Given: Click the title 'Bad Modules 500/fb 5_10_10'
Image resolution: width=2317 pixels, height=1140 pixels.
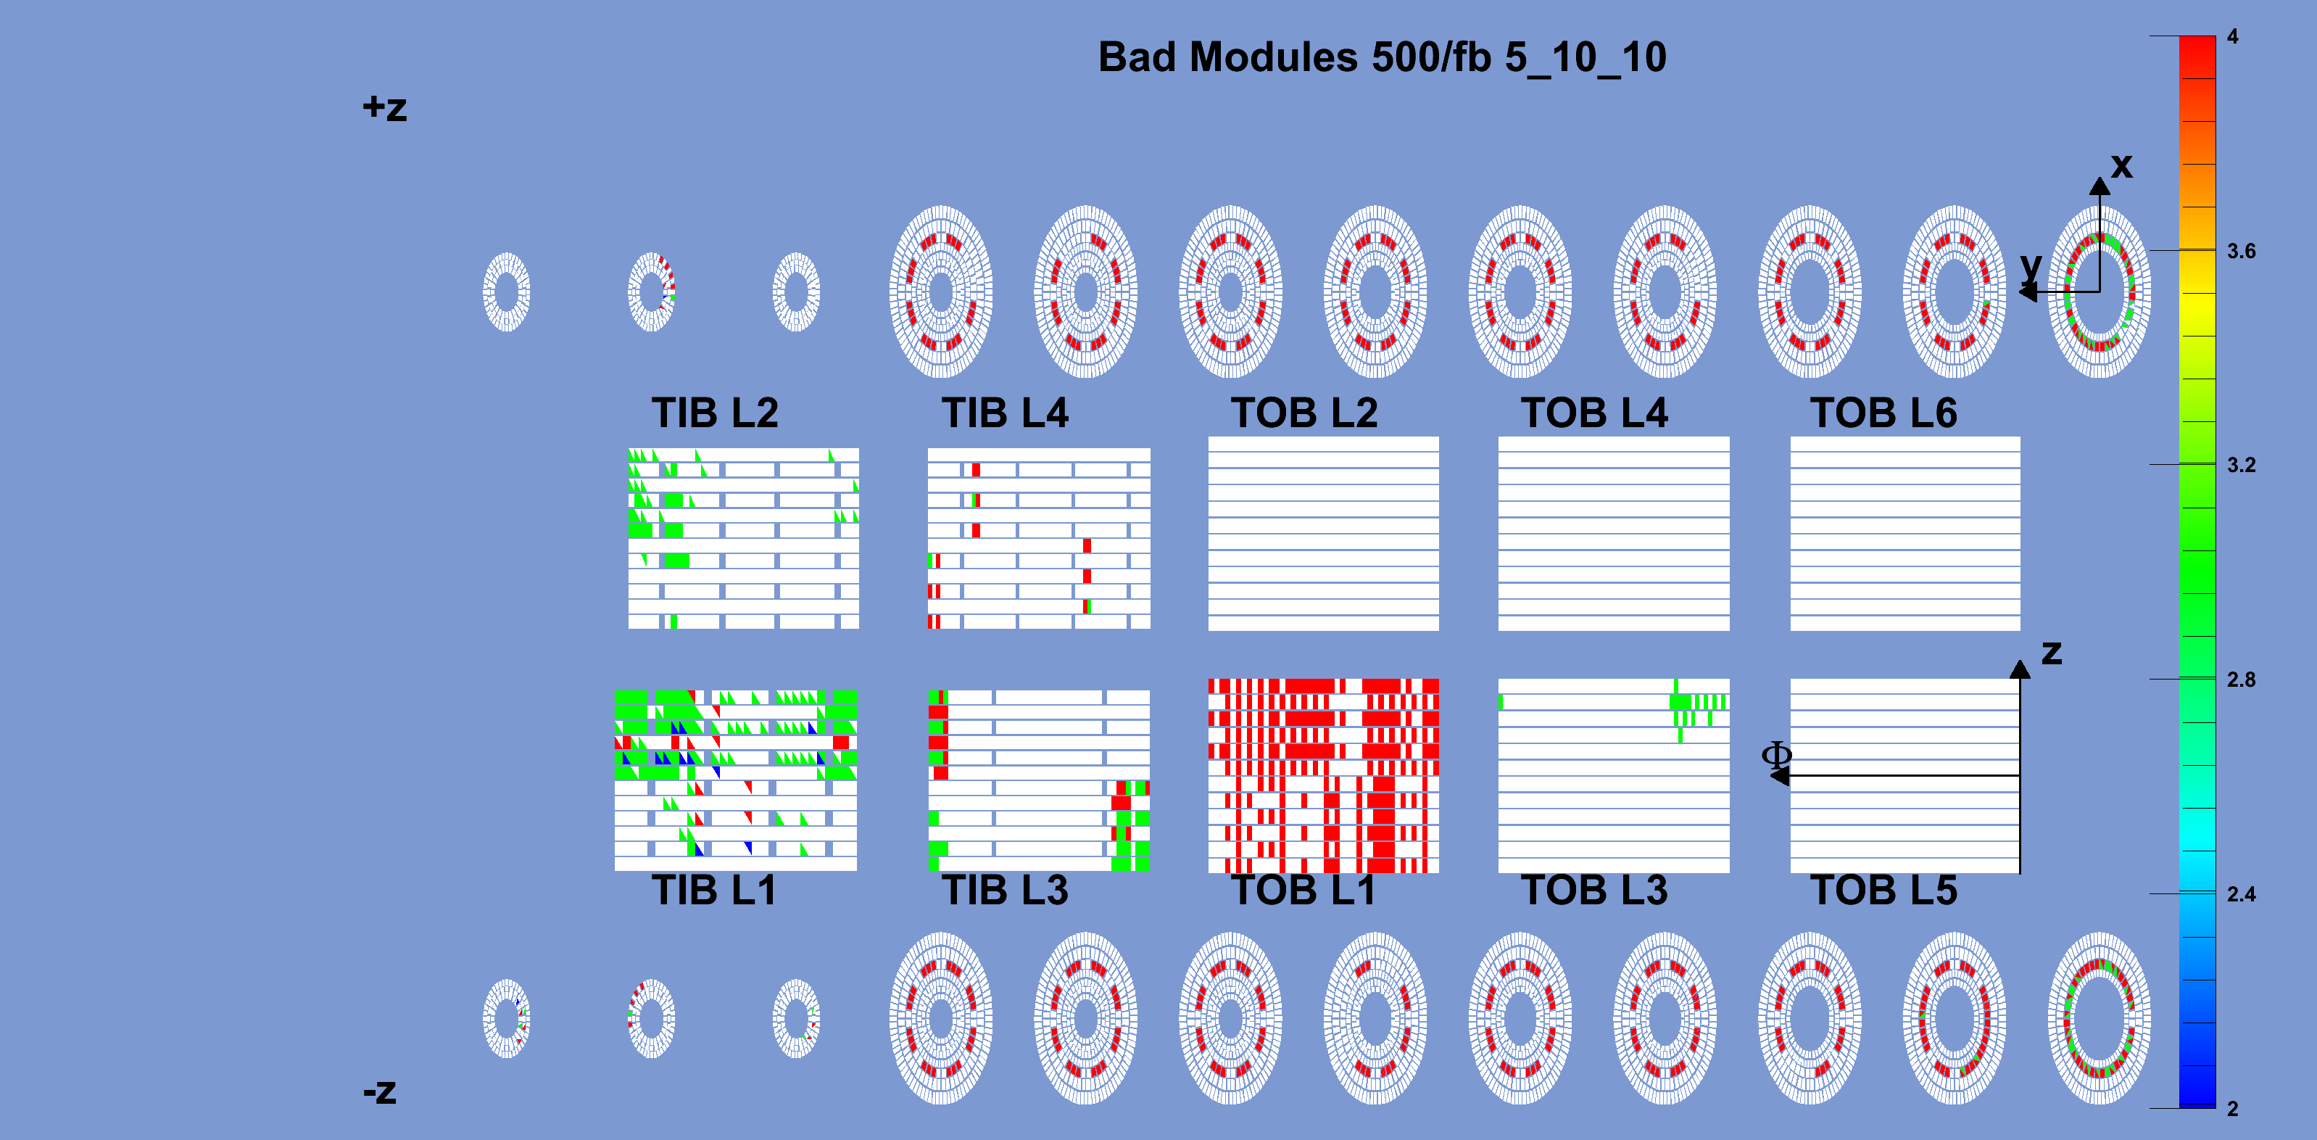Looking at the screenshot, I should click(1382, 57).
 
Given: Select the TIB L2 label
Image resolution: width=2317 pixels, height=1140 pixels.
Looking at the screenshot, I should click(715, 413).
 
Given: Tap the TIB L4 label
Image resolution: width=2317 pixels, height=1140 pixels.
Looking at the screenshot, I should click(1005, 413).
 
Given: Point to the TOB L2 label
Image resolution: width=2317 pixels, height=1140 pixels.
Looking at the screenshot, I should click(1304, 413).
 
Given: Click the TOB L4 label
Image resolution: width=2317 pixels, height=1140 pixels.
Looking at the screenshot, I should click(1593, 413).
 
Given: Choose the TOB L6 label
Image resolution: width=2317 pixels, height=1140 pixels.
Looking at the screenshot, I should click(1883, 413).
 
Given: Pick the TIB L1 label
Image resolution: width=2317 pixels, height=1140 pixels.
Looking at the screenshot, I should click(714, 890).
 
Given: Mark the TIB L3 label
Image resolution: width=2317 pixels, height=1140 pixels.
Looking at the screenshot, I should click(1005, 890).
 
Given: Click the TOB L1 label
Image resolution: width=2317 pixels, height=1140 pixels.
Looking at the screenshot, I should click(1304, 890).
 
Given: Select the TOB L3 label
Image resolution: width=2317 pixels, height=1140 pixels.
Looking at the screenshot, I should click(1593, 890).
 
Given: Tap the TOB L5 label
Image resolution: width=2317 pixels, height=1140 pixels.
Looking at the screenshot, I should click(1883, 890).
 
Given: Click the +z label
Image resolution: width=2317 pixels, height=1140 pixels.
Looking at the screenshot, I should click(385, 108).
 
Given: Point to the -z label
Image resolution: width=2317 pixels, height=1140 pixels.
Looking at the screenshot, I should click(380, 1091).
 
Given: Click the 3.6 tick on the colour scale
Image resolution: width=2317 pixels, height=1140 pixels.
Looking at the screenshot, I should click(2242, 251).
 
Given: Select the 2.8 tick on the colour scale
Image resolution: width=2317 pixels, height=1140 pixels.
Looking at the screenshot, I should click(2242, 680).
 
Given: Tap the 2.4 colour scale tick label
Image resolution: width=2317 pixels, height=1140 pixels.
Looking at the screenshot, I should click(2242, 894).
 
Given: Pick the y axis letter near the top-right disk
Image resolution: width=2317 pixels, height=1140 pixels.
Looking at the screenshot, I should click(2031, 266).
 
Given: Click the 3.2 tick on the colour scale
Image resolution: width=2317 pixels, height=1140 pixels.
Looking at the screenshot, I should click(2242, 465).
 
